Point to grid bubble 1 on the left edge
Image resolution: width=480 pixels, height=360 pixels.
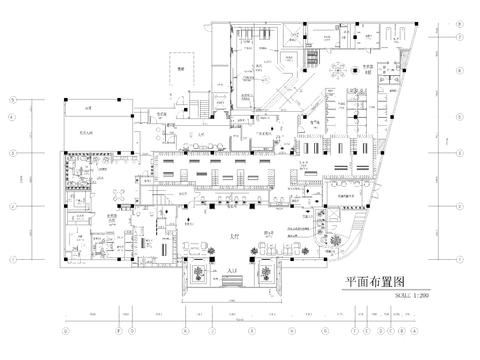(13, 258)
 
